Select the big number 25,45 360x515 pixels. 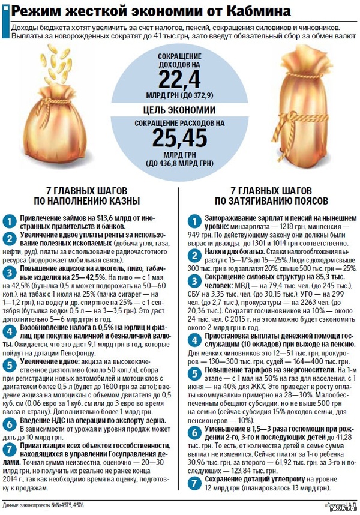click(x=179, y=139)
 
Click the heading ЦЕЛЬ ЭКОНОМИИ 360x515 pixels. click(x=179, y=110)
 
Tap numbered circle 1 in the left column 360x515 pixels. click(x=10, y=220)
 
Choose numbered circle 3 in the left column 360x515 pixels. click(x=10, y=273)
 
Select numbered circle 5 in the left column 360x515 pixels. click(x=10, y=364)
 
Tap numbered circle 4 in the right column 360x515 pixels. click(x=191, y=342)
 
